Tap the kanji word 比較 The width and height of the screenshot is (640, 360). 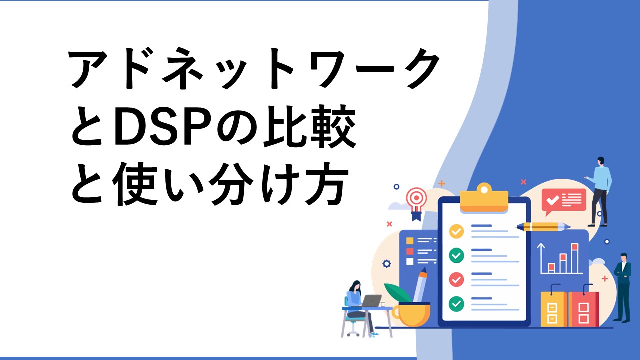click(x=309, y=126)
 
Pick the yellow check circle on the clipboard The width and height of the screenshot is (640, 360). click(x=456, y=231)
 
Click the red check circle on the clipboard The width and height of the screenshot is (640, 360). click(x=456, y=279)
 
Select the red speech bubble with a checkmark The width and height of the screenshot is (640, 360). click(x=563, y=201)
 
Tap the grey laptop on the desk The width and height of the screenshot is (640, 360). click(x=371, y=301)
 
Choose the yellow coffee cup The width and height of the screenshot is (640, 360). click(x=411, y=314)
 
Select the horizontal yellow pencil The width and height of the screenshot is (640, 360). click(x=543, y=227)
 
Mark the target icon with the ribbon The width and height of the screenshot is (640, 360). click(x=417, y=203)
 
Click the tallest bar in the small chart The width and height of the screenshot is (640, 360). click(x=575, y=258)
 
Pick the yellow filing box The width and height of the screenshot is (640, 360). click(x=554, y=309)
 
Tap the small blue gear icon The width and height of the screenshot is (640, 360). click(x=387, y=263)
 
